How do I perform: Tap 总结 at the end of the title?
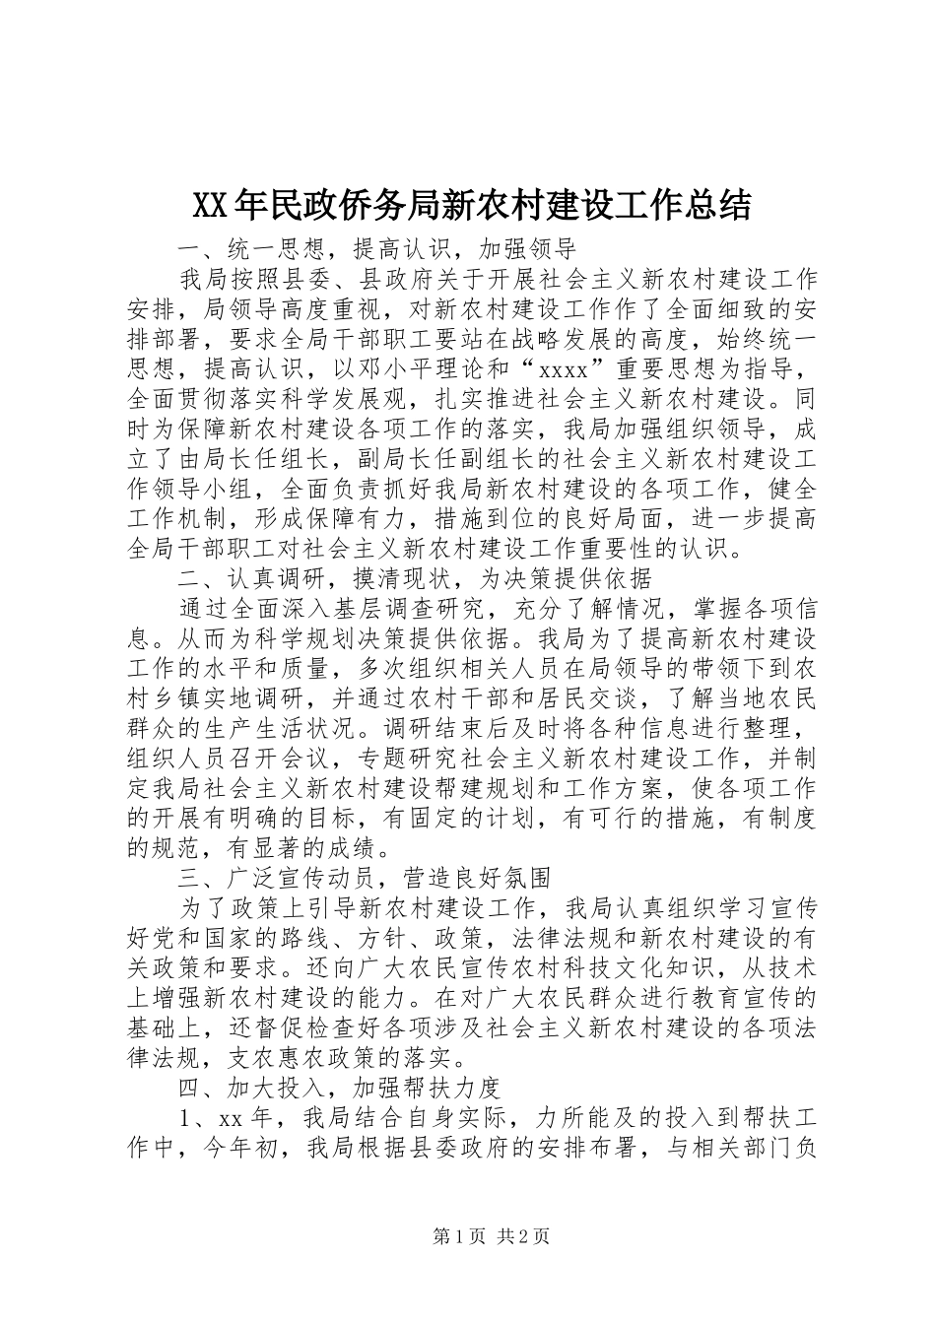[719, 205]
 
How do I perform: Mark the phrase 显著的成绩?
[315, 847]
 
